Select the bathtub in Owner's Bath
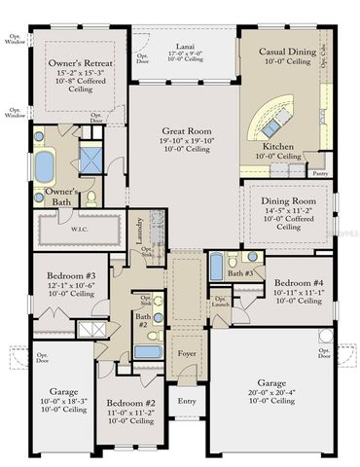pos(45,165)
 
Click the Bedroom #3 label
pos(70,275)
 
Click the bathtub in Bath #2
pos(147,351)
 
